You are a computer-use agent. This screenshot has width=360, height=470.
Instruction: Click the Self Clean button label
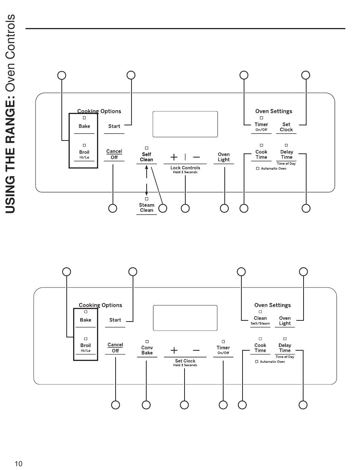147,157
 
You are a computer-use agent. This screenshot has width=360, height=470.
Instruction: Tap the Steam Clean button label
147,208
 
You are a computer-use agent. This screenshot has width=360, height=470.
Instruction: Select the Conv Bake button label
147,350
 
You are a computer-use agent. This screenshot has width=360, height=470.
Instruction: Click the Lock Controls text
185,168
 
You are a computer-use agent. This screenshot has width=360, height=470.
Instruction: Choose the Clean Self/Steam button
260,320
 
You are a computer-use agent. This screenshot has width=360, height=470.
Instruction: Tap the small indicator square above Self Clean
147,148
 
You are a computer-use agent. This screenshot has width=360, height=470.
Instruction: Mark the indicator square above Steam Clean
147,199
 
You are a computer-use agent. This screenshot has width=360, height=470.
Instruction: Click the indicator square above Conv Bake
147,341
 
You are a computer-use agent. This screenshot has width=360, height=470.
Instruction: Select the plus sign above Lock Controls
174,157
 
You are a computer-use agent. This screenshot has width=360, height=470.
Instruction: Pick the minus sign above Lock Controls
196,157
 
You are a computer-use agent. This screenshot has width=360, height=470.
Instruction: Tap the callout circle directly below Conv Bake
146,405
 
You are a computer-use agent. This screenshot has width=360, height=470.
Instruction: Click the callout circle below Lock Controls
185,208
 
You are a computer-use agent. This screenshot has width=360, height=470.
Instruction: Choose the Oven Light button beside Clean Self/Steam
285,321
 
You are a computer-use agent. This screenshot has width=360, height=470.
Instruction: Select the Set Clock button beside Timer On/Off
286,127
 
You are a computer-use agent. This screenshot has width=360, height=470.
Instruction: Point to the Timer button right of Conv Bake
223,350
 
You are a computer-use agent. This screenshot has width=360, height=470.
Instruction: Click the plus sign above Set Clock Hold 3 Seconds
174,350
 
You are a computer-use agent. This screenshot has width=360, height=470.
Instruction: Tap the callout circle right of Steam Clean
163,208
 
